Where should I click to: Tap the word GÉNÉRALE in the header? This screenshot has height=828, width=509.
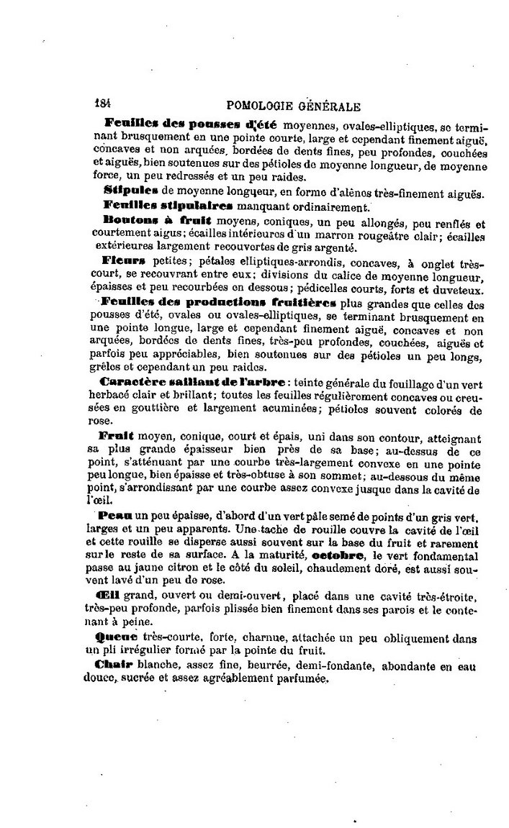[329, 106]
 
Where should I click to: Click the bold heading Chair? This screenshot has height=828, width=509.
[115, 665]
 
